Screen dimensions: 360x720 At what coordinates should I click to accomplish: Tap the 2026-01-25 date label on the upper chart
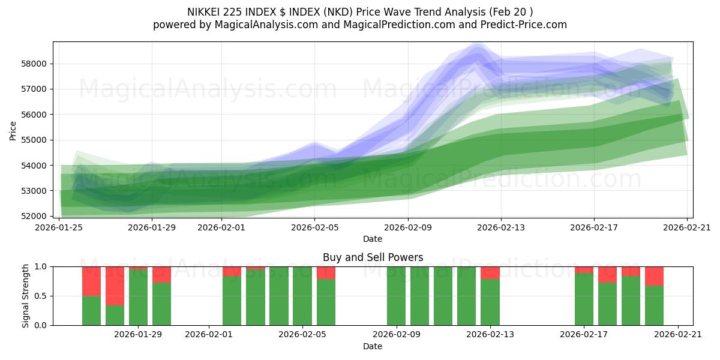click(x=59, y=227)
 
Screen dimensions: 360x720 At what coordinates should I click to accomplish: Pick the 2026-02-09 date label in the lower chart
click(x=396, y=335)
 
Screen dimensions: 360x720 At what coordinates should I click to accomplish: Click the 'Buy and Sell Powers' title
click(x=373, y=257)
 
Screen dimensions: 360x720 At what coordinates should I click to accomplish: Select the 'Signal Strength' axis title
click(x=25, y=296)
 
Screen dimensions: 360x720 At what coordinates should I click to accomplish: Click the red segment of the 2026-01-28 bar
click(x=115, y=286)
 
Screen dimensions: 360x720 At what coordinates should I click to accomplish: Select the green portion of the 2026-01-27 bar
click(x=91, y=310)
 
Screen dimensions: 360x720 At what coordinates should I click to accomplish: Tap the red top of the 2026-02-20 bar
click(x=654, y=276)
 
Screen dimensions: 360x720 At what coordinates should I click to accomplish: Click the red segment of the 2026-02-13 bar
click(x=490, y=272)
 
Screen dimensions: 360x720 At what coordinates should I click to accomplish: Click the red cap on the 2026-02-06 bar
click(x=326, y=272)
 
